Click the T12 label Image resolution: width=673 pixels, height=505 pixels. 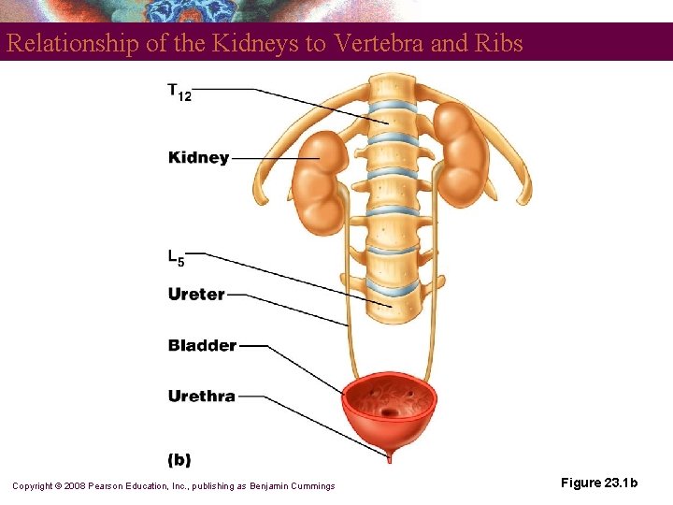pos(179,92)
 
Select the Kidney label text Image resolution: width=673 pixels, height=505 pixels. pos(198,158)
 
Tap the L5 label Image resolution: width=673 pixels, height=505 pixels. pos(176,256)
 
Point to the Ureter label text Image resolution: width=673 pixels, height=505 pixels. pos(196,295)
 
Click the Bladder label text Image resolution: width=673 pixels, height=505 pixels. pos(202,346)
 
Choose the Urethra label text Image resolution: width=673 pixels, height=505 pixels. pos(201,397)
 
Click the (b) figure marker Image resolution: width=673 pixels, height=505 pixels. pos(179,459)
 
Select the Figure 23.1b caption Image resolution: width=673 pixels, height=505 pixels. pos(599,483)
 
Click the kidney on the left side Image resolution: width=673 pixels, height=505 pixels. pos(321,182)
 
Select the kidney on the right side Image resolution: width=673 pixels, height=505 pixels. pos(460,154)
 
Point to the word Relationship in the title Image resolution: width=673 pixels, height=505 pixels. pos(63,43)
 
